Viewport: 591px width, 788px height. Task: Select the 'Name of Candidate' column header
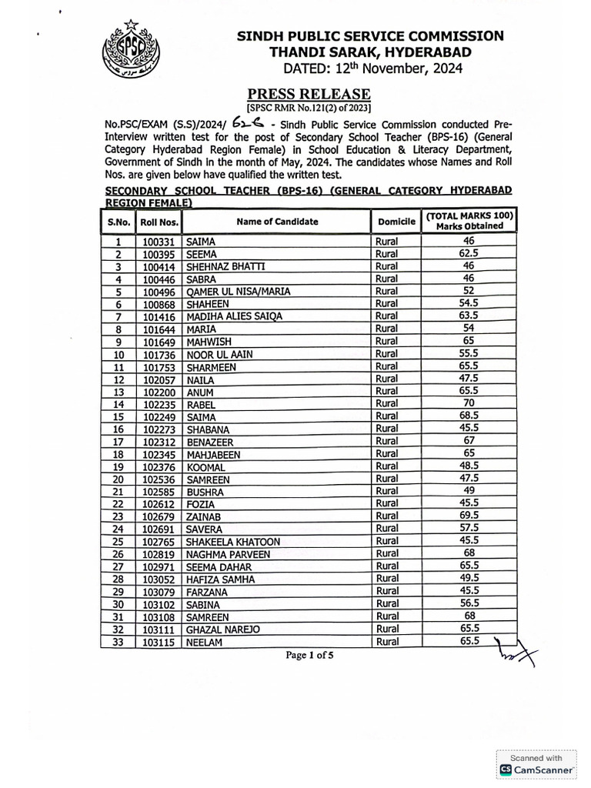point(277,222)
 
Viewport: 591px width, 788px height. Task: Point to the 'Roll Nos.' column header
point(159,222)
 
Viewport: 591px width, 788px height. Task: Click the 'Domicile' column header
point(396,222)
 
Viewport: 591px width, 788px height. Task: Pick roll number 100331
point(159,242)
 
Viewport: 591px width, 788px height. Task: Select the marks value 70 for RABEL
point(469,403)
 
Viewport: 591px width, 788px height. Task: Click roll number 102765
point(159,542)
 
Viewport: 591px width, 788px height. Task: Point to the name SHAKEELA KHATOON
point(233,542)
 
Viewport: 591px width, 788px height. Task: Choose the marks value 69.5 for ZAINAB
point(469,516)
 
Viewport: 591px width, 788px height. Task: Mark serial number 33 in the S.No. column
point(119,642)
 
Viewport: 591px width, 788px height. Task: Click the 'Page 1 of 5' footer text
point(310,656)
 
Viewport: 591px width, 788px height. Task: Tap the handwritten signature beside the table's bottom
point(516,653)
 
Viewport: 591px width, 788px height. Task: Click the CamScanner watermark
point(537,764)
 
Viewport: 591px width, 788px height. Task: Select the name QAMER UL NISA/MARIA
point(239,292)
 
